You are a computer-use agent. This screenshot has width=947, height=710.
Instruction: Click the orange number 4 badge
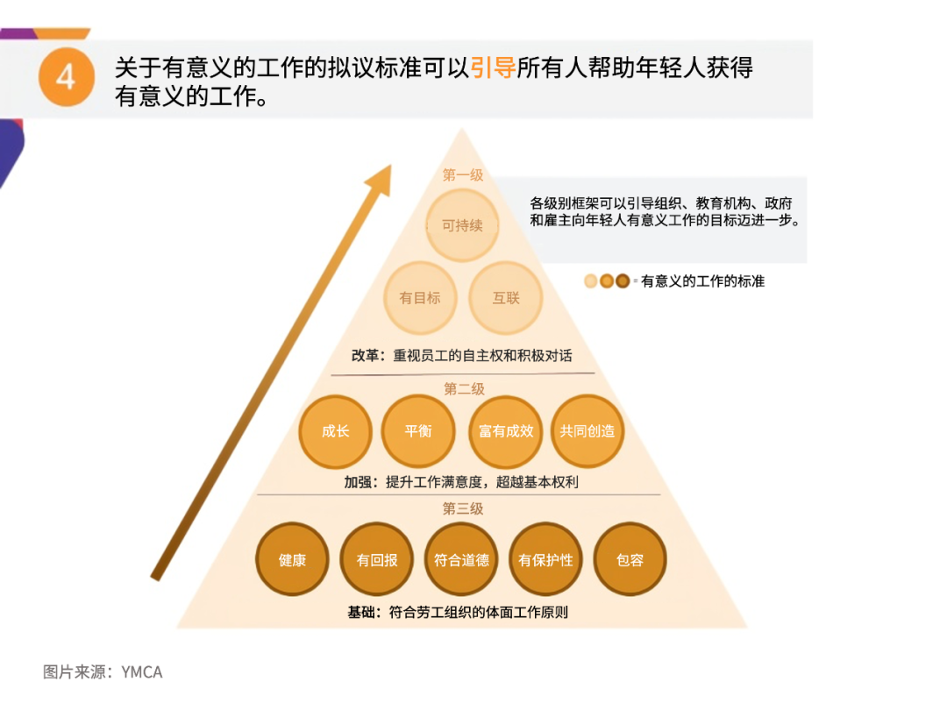(x=67, y=76)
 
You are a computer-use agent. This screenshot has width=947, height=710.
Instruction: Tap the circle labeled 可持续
(x=463, y=225)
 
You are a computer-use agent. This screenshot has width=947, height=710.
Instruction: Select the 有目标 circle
(x=420, y=298)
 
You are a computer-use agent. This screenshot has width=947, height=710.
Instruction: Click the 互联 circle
(x=506, y=298)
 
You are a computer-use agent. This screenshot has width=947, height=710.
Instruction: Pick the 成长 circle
(x=335, y=431)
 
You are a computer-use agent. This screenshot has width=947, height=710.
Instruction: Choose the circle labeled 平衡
(x=418, y=431)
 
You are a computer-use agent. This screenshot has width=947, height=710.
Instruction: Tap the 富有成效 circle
(x=506, y=431)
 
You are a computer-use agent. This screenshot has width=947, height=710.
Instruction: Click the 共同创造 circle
(x=587, y=431)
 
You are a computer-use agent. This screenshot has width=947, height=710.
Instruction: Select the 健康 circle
(x=292, y=559)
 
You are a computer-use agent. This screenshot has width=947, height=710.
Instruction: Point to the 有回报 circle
(x=377, y=559)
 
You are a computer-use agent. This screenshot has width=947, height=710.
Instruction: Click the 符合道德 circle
(x=461, y=559)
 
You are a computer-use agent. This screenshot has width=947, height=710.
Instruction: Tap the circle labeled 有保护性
(x=545, y=559)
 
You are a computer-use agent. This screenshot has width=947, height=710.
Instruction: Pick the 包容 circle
(x=630, y=559)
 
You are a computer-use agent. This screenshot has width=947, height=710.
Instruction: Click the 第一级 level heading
(x=463, y=175)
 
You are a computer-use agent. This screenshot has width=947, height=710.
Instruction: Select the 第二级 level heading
(x=464, y=389)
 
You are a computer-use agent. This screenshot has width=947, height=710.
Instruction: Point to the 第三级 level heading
(x=463, y=509)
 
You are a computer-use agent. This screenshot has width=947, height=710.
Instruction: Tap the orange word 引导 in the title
(x=493, y=67)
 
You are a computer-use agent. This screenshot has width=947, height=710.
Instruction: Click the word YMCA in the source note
(x=142, y=672)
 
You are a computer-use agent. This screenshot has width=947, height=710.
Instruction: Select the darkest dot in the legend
(x=623, y=280)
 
